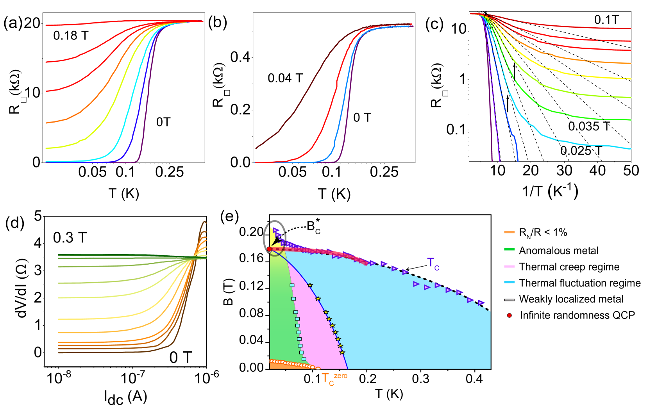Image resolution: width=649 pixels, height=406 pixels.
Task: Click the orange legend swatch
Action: (509, 232)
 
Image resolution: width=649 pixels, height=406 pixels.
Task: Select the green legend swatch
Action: (509, 249)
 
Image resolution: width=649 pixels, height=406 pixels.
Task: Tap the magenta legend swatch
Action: (509, 266)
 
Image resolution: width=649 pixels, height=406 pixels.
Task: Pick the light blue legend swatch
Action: (509, 282)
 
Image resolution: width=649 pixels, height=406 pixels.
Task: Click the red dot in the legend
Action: (509, 315)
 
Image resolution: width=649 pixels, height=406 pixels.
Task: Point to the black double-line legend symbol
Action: (509, 300)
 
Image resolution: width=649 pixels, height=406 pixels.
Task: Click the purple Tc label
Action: (433, 264)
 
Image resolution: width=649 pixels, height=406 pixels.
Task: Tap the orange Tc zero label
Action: (333, 378)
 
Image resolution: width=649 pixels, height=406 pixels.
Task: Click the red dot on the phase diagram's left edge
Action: (269, 249)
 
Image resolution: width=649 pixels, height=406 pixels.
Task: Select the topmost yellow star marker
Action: (310, 285)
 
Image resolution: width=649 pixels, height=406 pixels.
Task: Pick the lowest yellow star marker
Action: (342, 353)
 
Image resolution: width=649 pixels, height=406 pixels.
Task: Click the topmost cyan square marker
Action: (292, 285)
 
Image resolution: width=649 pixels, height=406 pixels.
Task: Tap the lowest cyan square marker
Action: (304, 359)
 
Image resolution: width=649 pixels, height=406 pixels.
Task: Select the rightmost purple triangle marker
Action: (481, 303)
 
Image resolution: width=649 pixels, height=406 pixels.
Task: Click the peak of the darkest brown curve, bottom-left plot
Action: (204, 222)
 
